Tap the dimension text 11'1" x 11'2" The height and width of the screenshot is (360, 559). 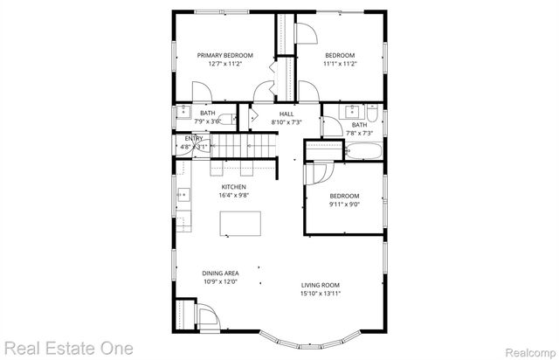(x=342, y=64)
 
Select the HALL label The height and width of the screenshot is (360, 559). (x=286, y=114)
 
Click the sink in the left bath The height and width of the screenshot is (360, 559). (x=183, y=112)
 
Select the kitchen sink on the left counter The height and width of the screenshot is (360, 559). (x=183, y=196)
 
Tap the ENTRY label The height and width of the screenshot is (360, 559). (x=193, y=138)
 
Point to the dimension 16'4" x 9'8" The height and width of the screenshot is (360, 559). (x=234, y=196)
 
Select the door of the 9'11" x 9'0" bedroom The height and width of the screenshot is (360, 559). (x=313, y=175)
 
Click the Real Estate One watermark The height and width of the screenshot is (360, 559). (x=67, y=348)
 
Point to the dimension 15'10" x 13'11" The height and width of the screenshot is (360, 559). (x=321, y=293)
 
